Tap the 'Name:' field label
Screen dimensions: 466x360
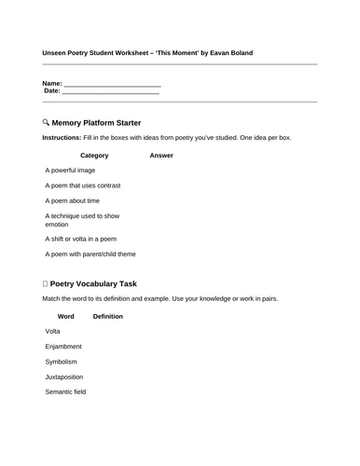coord(53,83)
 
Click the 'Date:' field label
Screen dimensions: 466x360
coord(53,91)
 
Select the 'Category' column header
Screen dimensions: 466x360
coord(94,156)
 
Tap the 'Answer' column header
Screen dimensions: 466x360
coord(160,156)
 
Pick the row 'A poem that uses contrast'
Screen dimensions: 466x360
coord(82,185)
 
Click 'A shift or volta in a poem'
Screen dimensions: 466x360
coord(80,238)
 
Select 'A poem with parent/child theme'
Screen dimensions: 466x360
coord(90,254)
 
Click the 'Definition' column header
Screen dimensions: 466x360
coord(107,316)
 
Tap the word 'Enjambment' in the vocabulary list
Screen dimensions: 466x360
coord(63,347)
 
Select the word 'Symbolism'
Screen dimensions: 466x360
coord(61,362)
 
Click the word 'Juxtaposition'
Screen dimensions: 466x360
coord(63,377)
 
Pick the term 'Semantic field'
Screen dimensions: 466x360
coord(65,391)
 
